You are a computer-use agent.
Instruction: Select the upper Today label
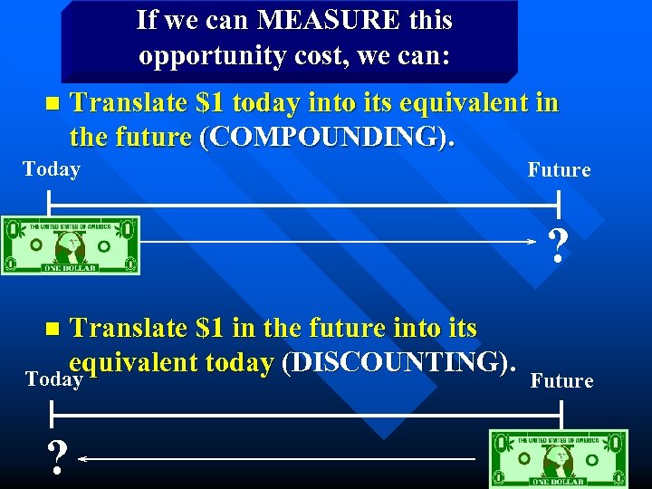coord(52,169)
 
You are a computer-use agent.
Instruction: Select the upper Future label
coord(559,170)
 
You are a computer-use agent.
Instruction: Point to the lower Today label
coord(53,379)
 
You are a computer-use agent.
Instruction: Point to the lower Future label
coord(561,381)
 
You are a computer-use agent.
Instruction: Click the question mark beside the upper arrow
coord(559,245)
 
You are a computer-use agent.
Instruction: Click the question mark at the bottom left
coord(57,460)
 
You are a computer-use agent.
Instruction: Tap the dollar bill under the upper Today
coord(71,244)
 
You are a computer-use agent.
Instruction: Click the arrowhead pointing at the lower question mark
coord(81,459)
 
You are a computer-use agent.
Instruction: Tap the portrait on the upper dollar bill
coord(71,245)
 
